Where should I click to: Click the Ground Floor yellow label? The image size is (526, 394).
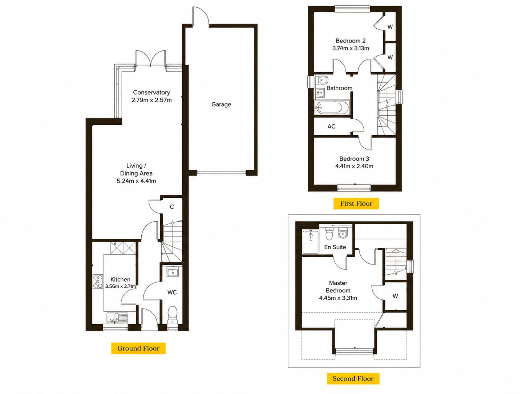tap(138, 348)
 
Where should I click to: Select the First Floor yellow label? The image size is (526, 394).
tap(356, 203)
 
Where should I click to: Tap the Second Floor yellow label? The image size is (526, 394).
tap(353, 378)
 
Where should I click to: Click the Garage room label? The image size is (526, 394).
tap(221, 104)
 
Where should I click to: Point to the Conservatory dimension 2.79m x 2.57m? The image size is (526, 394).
tap(151, 100)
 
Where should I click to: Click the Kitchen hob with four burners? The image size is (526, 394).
tap(98, 281)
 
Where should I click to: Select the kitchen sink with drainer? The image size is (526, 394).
tap(118, 318)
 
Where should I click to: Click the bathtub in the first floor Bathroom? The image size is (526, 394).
tap(332, 108)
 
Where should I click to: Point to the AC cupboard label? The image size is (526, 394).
tap(331, 127)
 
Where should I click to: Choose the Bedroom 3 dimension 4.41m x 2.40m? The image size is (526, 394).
tap(354, 166)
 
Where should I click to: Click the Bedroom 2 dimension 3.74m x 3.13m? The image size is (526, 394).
tap(351, 48)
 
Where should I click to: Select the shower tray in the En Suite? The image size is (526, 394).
tap(311, 242)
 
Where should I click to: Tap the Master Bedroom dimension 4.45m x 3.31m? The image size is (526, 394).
tap(338, 298)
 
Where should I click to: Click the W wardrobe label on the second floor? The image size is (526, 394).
tap(395, 296)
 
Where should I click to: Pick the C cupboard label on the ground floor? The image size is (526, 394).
tap(172, 207)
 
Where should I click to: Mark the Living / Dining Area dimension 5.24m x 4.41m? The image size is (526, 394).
tap(136, 181)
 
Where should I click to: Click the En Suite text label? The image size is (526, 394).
tap(335, 247)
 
